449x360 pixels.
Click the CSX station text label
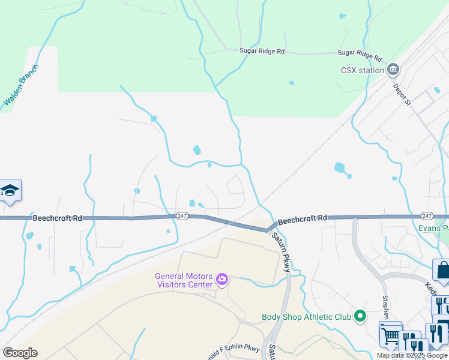point(362,70)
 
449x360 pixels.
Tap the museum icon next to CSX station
point(393,70)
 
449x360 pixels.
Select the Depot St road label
point(401,95)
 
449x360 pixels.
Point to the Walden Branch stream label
point(21,86)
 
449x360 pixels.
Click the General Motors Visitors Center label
point(184,280)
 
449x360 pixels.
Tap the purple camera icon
point(222,278)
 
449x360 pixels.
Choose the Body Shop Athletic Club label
point(306,317)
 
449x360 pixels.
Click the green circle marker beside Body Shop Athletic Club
point(360,316)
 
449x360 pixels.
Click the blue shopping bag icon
point(442,271)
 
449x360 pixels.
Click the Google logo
point(20,353)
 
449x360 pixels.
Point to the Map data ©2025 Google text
point(411,355)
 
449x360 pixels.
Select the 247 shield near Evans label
point(427,215)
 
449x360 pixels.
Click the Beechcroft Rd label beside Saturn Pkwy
point(302,220)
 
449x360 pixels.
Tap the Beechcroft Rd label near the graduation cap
point(57,218)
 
